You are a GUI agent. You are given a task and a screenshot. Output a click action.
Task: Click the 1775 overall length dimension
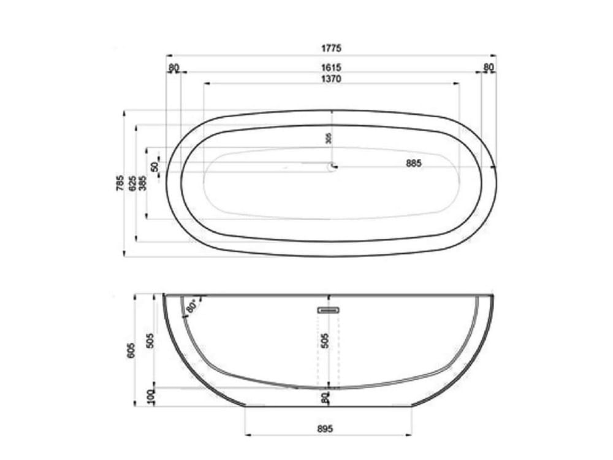pos(331,48)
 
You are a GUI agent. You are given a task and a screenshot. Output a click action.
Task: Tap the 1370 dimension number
pos(331,79)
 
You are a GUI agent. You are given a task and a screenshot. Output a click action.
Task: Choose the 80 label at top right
pos(489,67)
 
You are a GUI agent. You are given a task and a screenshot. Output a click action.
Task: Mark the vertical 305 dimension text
pos(329,139)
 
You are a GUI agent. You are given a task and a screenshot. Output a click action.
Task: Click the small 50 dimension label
pos(155,166)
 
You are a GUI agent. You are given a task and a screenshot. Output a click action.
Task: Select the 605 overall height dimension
pos(131,350)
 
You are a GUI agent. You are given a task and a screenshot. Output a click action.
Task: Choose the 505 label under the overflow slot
pos(326,341)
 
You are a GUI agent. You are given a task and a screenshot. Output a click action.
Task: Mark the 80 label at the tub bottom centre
pos(326,397)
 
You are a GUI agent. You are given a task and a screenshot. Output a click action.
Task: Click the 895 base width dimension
pos(326,429)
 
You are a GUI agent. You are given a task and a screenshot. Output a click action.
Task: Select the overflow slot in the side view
pos(328,310)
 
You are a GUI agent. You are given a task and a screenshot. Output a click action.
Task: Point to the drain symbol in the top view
pos(333,165)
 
